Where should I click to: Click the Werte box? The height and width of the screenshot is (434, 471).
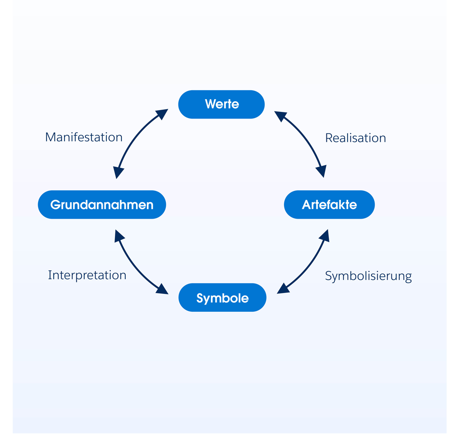(x=221, y=104)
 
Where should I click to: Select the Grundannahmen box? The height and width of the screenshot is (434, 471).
(x=102, y=205)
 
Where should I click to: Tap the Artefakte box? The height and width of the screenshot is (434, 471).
(x=329, y=205)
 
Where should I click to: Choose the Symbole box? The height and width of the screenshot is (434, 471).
(x=222, y=298)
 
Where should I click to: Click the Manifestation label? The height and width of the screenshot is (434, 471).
(x=84, y=137)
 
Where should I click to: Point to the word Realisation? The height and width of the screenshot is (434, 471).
(x=356, y=138)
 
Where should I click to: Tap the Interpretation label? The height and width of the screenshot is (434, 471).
(x=87, y=275)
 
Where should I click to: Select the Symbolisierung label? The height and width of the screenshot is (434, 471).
(x=368, y=276)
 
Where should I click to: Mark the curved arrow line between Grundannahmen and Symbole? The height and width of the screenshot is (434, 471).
(x=134, y=266)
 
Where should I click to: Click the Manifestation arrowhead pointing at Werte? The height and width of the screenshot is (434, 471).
(x=162, y=113)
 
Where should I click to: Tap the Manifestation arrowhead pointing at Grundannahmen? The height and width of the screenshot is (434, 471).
(x=118, y=173)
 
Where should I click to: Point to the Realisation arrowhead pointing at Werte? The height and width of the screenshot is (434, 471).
(x=280, y=115)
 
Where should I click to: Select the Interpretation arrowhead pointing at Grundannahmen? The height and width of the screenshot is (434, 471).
(x=119, y=235)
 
